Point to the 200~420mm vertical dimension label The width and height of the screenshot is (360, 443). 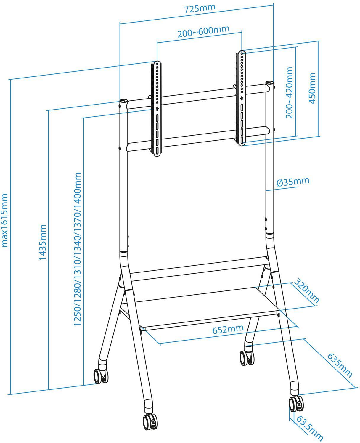coord(289,92)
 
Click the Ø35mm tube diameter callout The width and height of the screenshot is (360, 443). coord(293,182)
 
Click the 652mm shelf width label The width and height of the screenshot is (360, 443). coord(228,329)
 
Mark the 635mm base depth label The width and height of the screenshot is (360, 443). coord(340,365)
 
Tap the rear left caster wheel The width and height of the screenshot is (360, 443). coord(101,376)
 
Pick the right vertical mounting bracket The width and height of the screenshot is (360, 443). coord(242,98)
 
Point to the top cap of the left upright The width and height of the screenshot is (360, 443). coord(123,101)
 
